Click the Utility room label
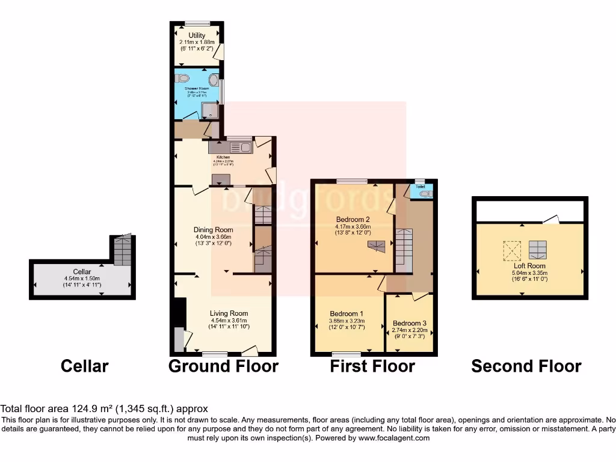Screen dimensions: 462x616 197,36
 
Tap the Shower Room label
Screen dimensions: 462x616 196,88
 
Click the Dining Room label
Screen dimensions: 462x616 213,230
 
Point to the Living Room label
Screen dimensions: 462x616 229,313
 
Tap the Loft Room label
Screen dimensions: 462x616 529,265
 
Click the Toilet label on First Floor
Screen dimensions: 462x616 420,187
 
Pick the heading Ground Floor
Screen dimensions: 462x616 223,366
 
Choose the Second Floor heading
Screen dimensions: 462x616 526,366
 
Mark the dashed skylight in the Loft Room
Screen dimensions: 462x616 512,249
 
